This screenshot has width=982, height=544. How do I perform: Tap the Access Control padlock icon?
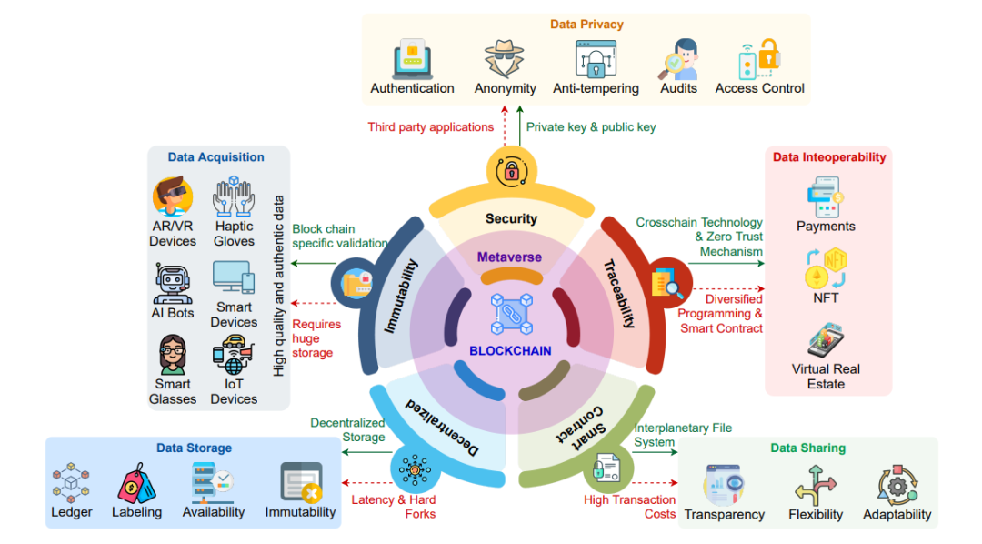(x=759, y=58)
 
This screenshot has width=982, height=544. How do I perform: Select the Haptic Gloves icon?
(x=234, y=196)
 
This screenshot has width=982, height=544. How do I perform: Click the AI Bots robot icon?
(x=172, y=283)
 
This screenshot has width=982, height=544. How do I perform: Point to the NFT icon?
(x=826, y=268)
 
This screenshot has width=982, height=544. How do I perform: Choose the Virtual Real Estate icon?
(x=826, y=340)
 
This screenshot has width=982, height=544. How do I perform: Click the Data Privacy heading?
(x=586, y=25)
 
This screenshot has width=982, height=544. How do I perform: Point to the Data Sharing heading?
(x=807, y=448)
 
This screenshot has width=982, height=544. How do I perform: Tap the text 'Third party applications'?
(x=431, y=127)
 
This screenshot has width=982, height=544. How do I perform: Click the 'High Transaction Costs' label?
(x=630, y=507)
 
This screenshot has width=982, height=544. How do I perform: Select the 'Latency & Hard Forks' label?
(x=394, y=507)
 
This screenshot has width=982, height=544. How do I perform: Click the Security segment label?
(x=511, y=218)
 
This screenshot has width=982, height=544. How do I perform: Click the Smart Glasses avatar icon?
(x=172, y=355)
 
